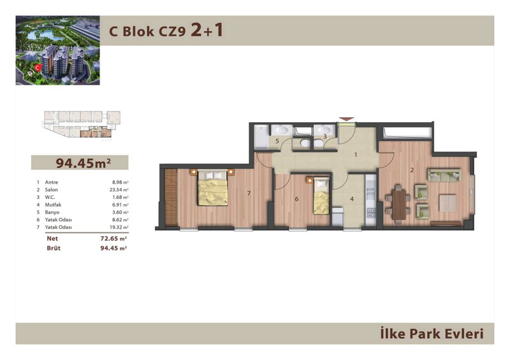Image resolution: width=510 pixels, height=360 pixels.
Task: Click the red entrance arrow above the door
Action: pyautogui.click(x=346, y=119)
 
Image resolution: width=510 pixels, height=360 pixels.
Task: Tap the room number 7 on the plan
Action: pyautogui.click(x=249, y=194)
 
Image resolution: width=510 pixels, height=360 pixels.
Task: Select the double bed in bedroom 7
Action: pyautogui.click(x=213, y=189)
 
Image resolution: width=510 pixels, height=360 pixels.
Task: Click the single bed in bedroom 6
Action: pyautogui.click(x=321, y=196)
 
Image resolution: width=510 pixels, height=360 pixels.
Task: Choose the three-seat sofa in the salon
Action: pyautogui.click(x=444, y=175)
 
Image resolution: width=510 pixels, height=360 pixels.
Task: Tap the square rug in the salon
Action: pyautogui.click(x=448, y=203)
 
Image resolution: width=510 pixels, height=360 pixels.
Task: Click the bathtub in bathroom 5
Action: pyautogui.click(x=261, y=136)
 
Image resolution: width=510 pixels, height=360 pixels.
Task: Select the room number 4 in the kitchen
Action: pyautogui.click(x=352, y=199)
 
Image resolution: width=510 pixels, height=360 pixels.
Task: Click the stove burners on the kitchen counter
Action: pyautogui.click(x=371, y=213)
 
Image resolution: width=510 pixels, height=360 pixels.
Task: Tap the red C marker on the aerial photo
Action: pyautogui.click(x=38, y=68)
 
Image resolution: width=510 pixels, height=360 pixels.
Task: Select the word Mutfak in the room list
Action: pyautogui.click(x=53, y=205)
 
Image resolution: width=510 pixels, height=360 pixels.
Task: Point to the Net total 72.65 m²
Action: pyautogui.click(x=113, y=238)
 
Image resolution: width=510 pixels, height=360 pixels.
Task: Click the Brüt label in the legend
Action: pyautogui.click(x=54, y=248)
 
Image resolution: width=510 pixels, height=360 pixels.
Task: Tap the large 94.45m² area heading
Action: pyautogui.click(x=84, y=162)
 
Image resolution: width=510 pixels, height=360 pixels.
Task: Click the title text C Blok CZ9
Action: pyautogui.click(x=147, y=32)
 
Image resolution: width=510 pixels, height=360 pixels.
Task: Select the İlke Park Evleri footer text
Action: pyautogui.click(x=432, y=334)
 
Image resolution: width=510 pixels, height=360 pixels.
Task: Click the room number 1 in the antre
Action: pyautogui.click(x=356, y=155)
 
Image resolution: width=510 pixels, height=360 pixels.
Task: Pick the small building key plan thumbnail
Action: pyautogui.click(x=82, y=124)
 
